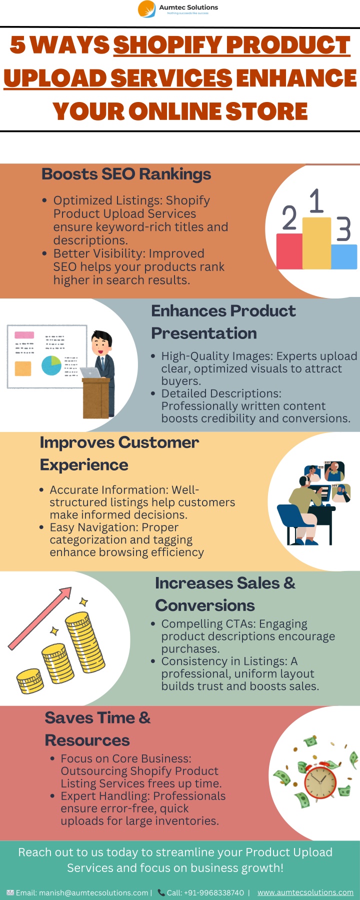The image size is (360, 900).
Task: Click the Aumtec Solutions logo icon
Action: (147, 9)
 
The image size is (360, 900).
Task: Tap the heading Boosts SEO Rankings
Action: (126, 174)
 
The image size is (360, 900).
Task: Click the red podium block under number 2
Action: (289, 251)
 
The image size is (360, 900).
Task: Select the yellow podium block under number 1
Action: (316, 243)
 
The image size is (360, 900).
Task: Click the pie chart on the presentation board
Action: (51, 365)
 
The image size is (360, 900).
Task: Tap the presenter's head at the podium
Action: (102, 342)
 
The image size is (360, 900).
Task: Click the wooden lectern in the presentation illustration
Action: (96, 397)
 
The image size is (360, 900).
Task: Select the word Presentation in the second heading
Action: (204, 333)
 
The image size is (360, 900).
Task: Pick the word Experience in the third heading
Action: (84, 465)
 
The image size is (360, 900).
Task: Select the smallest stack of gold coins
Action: (30, 681)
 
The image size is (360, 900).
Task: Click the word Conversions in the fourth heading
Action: (205, 605)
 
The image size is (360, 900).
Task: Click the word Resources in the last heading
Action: (87, 740)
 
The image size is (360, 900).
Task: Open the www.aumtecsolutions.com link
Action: (305, 892)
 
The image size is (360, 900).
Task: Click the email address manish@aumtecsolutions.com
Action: (93, 893)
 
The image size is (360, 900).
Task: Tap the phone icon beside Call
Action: (161, 892)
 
